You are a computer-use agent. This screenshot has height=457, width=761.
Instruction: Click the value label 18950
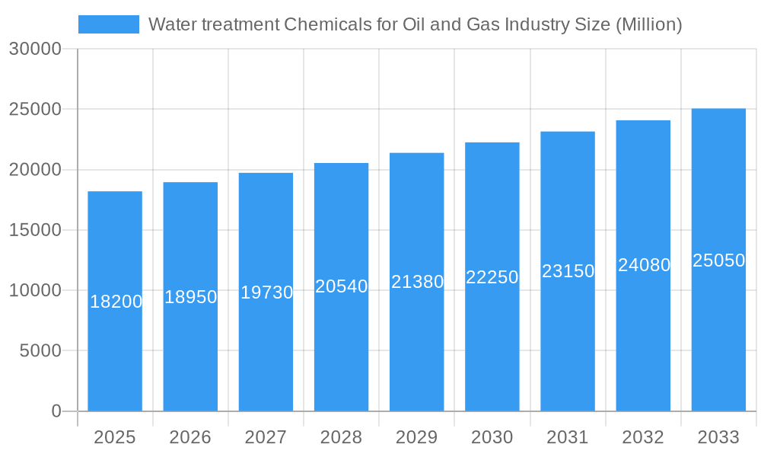click(x=191, y=297)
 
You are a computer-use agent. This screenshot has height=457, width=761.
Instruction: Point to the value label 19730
click(x=266, y=292)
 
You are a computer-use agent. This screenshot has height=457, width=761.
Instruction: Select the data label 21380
click(x=417, y=282)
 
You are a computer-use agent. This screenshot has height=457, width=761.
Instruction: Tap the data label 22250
click(x=492, y=277)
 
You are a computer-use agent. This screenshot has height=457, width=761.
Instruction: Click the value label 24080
click(x=644, y=265)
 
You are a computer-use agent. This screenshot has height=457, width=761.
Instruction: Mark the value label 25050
click(x=718, y=260)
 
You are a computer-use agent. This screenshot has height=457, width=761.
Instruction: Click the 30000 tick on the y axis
click(x=34, y=50)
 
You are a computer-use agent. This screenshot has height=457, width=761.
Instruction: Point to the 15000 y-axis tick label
click(x=34, y=230)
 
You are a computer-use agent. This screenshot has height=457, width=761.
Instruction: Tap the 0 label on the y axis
click(x=56, y=411)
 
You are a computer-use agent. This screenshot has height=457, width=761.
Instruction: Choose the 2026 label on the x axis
click(x=190, y=437)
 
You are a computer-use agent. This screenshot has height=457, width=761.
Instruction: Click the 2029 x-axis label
click(x=417, y=437)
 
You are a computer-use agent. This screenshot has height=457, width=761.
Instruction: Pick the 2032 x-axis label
click(x=643, y=437)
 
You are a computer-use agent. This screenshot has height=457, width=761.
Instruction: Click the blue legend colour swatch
click(x=109, y=24)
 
